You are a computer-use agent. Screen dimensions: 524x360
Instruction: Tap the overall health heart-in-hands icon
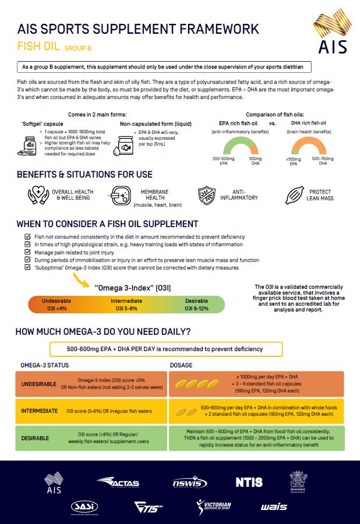38,195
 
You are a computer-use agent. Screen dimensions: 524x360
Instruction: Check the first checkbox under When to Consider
27,237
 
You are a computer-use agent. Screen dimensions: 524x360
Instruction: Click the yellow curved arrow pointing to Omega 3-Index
81,282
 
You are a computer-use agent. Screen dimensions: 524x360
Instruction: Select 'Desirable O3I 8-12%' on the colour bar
196,305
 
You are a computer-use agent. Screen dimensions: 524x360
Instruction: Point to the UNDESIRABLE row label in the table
39,385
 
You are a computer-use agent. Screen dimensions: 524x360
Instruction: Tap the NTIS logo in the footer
249,482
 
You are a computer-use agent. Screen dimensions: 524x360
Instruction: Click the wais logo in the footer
274,507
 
